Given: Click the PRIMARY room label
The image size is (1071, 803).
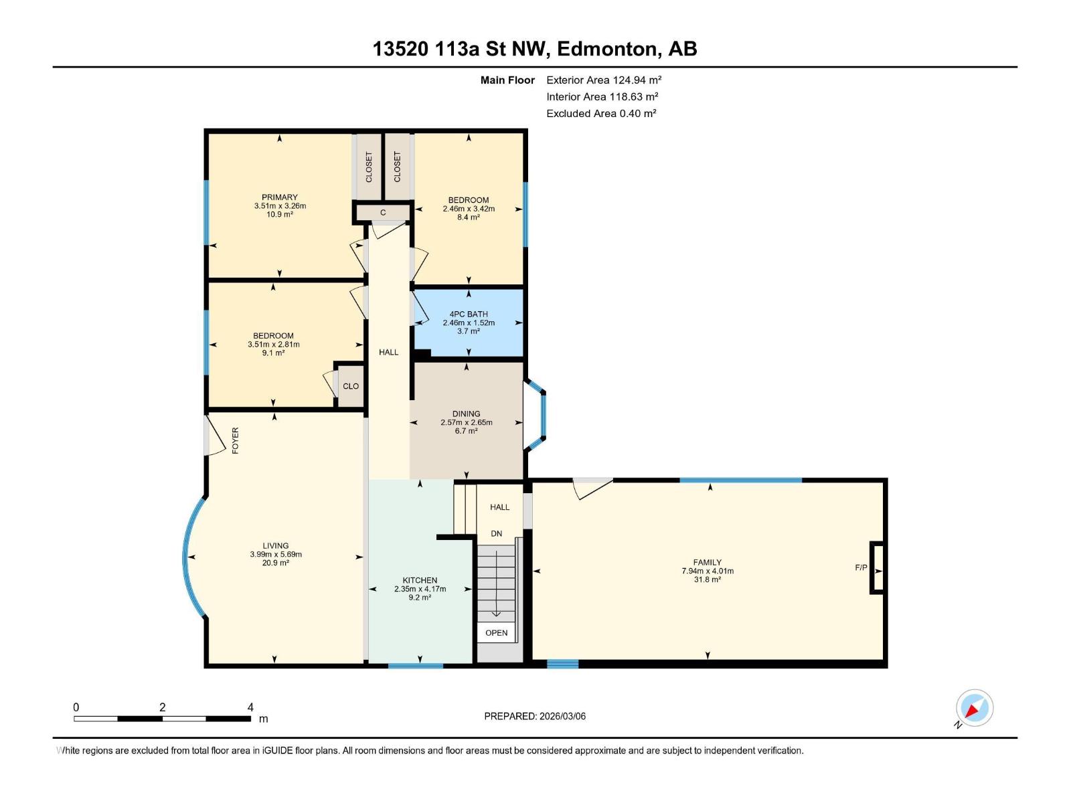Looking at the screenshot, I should (280, 197).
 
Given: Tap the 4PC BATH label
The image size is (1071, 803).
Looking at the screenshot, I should (469, 314).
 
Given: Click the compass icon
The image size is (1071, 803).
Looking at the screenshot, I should (974, 708).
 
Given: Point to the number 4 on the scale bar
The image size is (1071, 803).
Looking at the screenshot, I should (250, 707).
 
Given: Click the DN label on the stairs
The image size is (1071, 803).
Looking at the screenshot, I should (496, 533).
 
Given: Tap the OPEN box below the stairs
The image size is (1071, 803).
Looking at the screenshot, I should (496, 632).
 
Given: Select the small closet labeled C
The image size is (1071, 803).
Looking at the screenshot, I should (383, 213).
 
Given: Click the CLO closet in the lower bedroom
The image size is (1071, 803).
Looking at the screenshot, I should (351, 386).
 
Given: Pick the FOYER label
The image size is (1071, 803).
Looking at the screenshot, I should (235, 441).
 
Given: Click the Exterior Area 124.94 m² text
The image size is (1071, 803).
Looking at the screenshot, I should (604, 80).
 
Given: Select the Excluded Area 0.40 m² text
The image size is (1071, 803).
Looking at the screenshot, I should (601, 113).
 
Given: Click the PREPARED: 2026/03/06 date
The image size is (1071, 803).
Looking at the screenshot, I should (535, 716).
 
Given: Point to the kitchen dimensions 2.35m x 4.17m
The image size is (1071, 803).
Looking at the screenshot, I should (420, 589).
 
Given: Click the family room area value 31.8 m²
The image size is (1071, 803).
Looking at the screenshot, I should (707, 579).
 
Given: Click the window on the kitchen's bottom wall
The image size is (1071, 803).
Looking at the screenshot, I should (416, 665).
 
